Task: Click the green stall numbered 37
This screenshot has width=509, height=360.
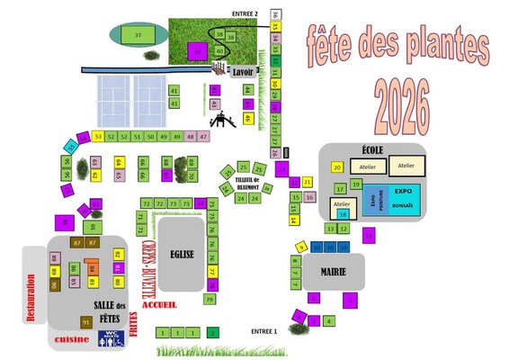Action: (138, 34)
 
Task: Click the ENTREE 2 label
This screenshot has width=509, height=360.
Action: (245, 14)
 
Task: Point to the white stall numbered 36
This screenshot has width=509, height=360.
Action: (275, 14)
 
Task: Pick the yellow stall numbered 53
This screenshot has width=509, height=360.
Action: (97, 137)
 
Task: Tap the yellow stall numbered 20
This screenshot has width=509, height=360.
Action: (337, 167)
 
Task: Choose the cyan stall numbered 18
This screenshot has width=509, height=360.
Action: (342, 214)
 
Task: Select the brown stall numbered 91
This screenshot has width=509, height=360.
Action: (86, 321)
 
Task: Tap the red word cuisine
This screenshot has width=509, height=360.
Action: (73, 339)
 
